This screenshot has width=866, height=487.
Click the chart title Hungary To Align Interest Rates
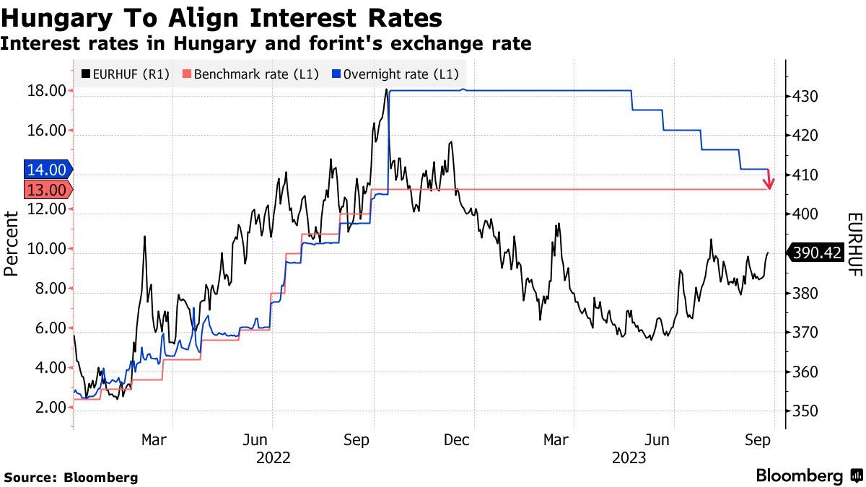click(x=222, y=17)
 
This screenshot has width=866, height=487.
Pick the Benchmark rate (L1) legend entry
click(x=251, y=74)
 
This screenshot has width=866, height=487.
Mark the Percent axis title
click(x=11, y=244)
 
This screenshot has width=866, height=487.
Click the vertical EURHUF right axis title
click(x=854, y=244)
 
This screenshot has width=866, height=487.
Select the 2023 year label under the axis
click(x=629, y=457)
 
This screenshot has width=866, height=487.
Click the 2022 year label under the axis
click(x=273, y=457)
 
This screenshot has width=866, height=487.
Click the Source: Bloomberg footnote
click(x=71, y=477)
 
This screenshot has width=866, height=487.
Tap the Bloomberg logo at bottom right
click(x=808, y=476)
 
